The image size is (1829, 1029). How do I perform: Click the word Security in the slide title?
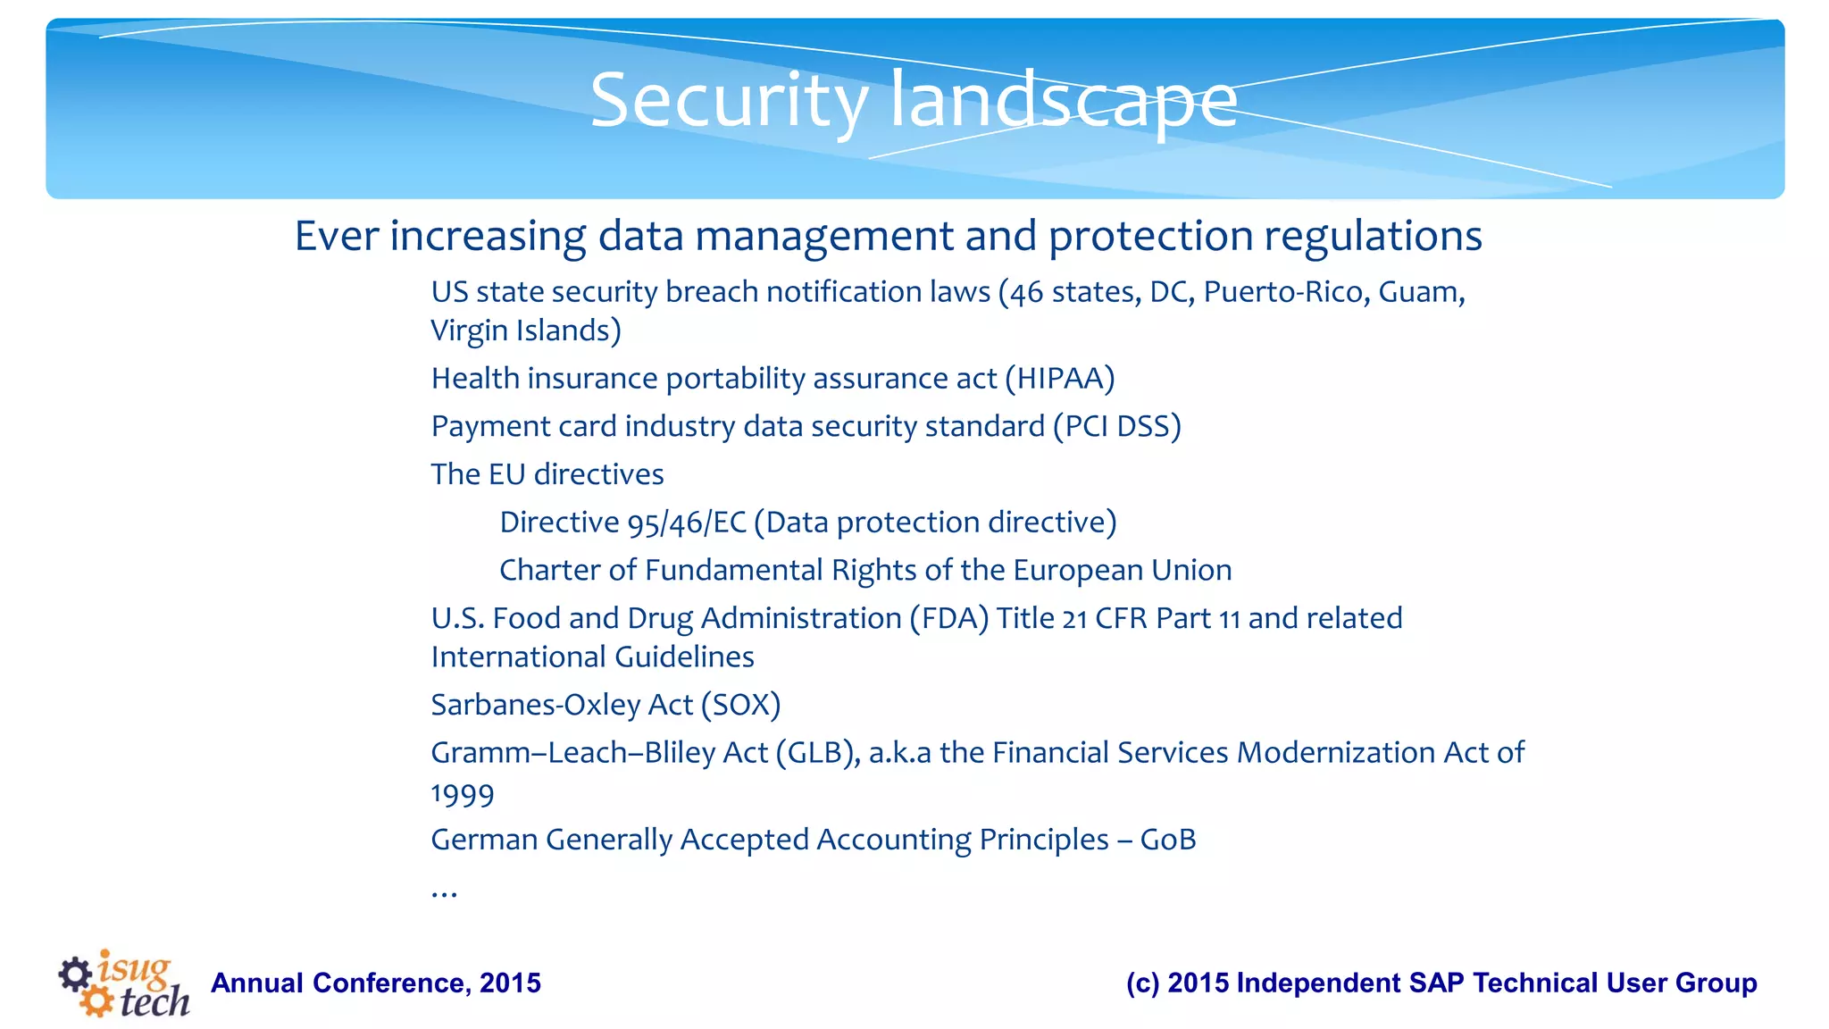(x=729, y=101)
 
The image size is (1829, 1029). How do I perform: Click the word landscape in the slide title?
(x=1064, y=101)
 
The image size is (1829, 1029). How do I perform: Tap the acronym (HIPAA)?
(x=1059, y=379)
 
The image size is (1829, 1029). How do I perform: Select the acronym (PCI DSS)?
(x=1116, y=427)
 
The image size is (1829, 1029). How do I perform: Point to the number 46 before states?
(x=1027, y=293)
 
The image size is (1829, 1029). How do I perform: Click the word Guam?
(x=1420, y=292)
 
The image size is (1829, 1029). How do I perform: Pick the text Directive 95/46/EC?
(x=622, y=523)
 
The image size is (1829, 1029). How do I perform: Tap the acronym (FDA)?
(x=948, y=618)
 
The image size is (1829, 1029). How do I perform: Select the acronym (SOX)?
(x=740, y=705)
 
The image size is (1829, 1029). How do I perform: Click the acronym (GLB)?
(x=817, y=753)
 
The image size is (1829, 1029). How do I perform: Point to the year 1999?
(x=462, y=794)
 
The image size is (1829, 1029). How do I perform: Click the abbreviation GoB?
(x=1167, y=840)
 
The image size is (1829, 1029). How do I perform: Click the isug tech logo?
(x=125, y=983)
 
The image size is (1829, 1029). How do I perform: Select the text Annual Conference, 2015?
(x=375, y=983)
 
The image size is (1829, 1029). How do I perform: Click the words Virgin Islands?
(x=524, y=330)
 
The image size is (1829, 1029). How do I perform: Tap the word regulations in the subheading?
(x=1373, y=237)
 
